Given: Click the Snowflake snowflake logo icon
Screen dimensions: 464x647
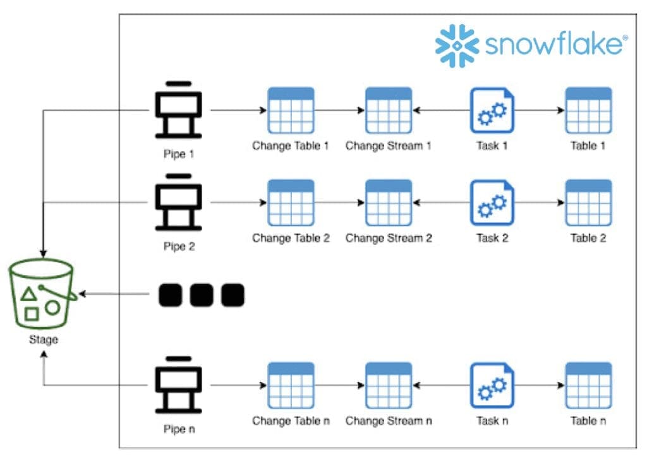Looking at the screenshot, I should (x=457, y=45).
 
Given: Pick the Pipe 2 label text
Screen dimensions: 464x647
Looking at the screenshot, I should (x=179, y=246).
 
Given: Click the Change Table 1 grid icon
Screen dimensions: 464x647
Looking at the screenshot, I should (x=291, y=110).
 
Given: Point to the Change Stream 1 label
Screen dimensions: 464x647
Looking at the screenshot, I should (x=388, y=146).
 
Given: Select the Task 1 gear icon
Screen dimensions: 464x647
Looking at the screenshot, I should (x=492, y=110).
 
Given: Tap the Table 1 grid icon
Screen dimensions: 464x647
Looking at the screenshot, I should (x=588, y=110).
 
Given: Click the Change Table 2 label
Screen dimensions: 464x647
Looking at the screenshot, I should (x=291, y=238).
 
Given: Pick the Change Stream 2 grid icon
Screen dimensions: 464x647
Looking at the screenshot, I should (x=389, y=203).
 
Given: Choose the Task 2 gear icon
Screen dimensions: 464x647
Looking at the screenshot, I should (x=492, y=203).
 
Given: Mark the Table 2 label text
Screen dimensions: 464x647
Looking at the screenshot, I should (x=588, y=238).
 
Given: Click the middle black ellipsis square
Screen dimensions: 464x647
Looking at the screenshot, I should (x=202, y=294).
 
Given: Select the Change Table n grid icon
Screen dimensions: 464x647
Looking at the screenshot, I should (x=291, y=385).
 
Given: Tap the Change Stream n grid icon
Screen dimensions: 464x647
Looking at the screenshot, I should (x=389, y=385).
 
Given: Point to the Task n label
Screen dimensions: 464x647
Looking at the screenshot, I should (x=492, y=421).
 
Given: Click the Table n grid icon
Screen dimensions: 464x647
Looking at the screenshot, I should (x=588, y=385).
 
